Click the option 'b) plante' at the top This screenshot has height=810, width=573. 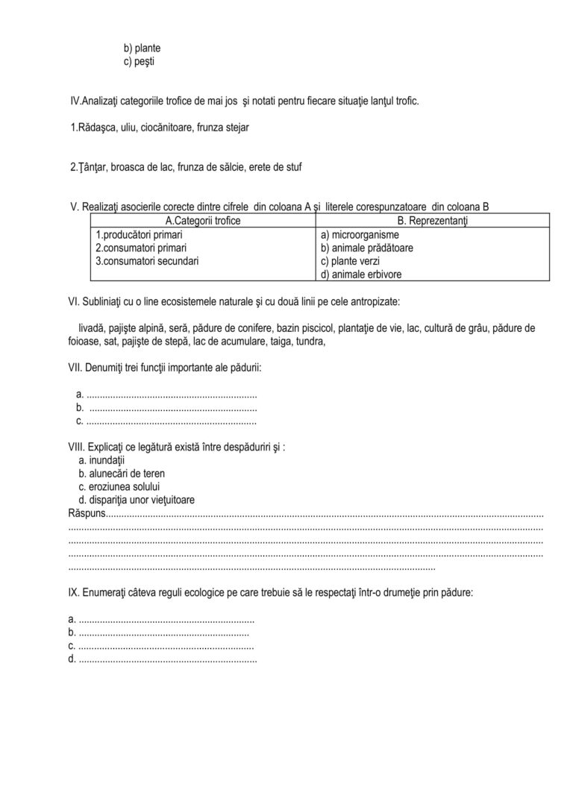(x=142, y=48)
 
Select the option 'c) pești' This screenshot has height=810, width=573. (x=140, y=61)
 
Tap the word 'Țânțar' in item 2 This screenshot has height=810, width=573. (x=86, y=167)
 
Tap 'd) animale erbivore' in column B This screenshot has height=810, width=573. (x=360, y=274)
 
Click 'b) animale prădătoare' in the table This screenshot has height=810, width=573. (x=367, y=248)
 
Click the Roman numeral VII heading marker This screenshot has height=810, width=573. (x=75, y=368)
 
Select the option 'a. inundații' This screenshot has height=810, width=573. (x=101, y=460)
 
